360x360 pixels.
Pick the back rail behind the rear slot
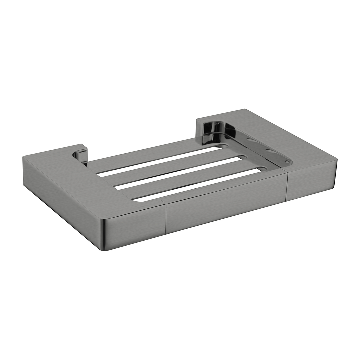[x=143, y=156]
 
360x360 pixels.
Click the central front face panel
[x=227, y=204]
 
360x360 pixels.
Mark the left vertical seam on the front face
[x=166, y=218]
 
